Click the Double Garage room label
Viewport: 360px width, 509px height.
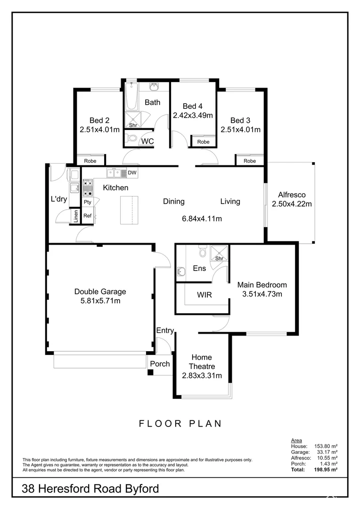click(x=100, y=292)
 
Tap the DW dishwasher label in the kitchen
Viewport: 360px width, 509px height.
click(x=132, y=173)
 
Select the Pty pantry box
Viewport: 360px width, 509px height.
click(x=88, y=202)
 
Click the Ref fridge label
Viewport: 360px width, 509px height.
click(x=88, y=216)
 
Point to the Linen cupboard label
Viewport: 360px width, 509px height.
click(x=76, y=216)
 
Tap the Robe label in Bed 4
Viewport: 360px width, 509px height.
click(x=203, y=142)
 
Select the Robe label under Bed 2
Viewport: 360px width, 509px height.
click(x=90, y=161)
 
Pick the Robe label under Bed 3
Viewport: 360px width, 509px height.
click(x=250, y=161)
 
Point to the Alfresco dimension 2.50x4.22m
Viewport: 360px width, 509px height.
click(x=292, y=204)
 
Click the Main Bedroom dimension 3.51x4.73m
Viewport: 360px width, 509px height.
click(x=262, y=295)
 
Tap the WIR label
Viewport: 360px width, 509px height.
click(x=204, y=295)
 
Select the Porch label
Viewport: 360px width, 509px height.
click(x=160, y=364)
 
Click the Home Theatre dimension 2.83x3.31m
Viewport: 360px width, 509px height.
click(x=202, y=376)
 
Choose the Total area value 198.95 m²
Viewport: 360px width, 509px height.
click(x=327, y=470)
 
